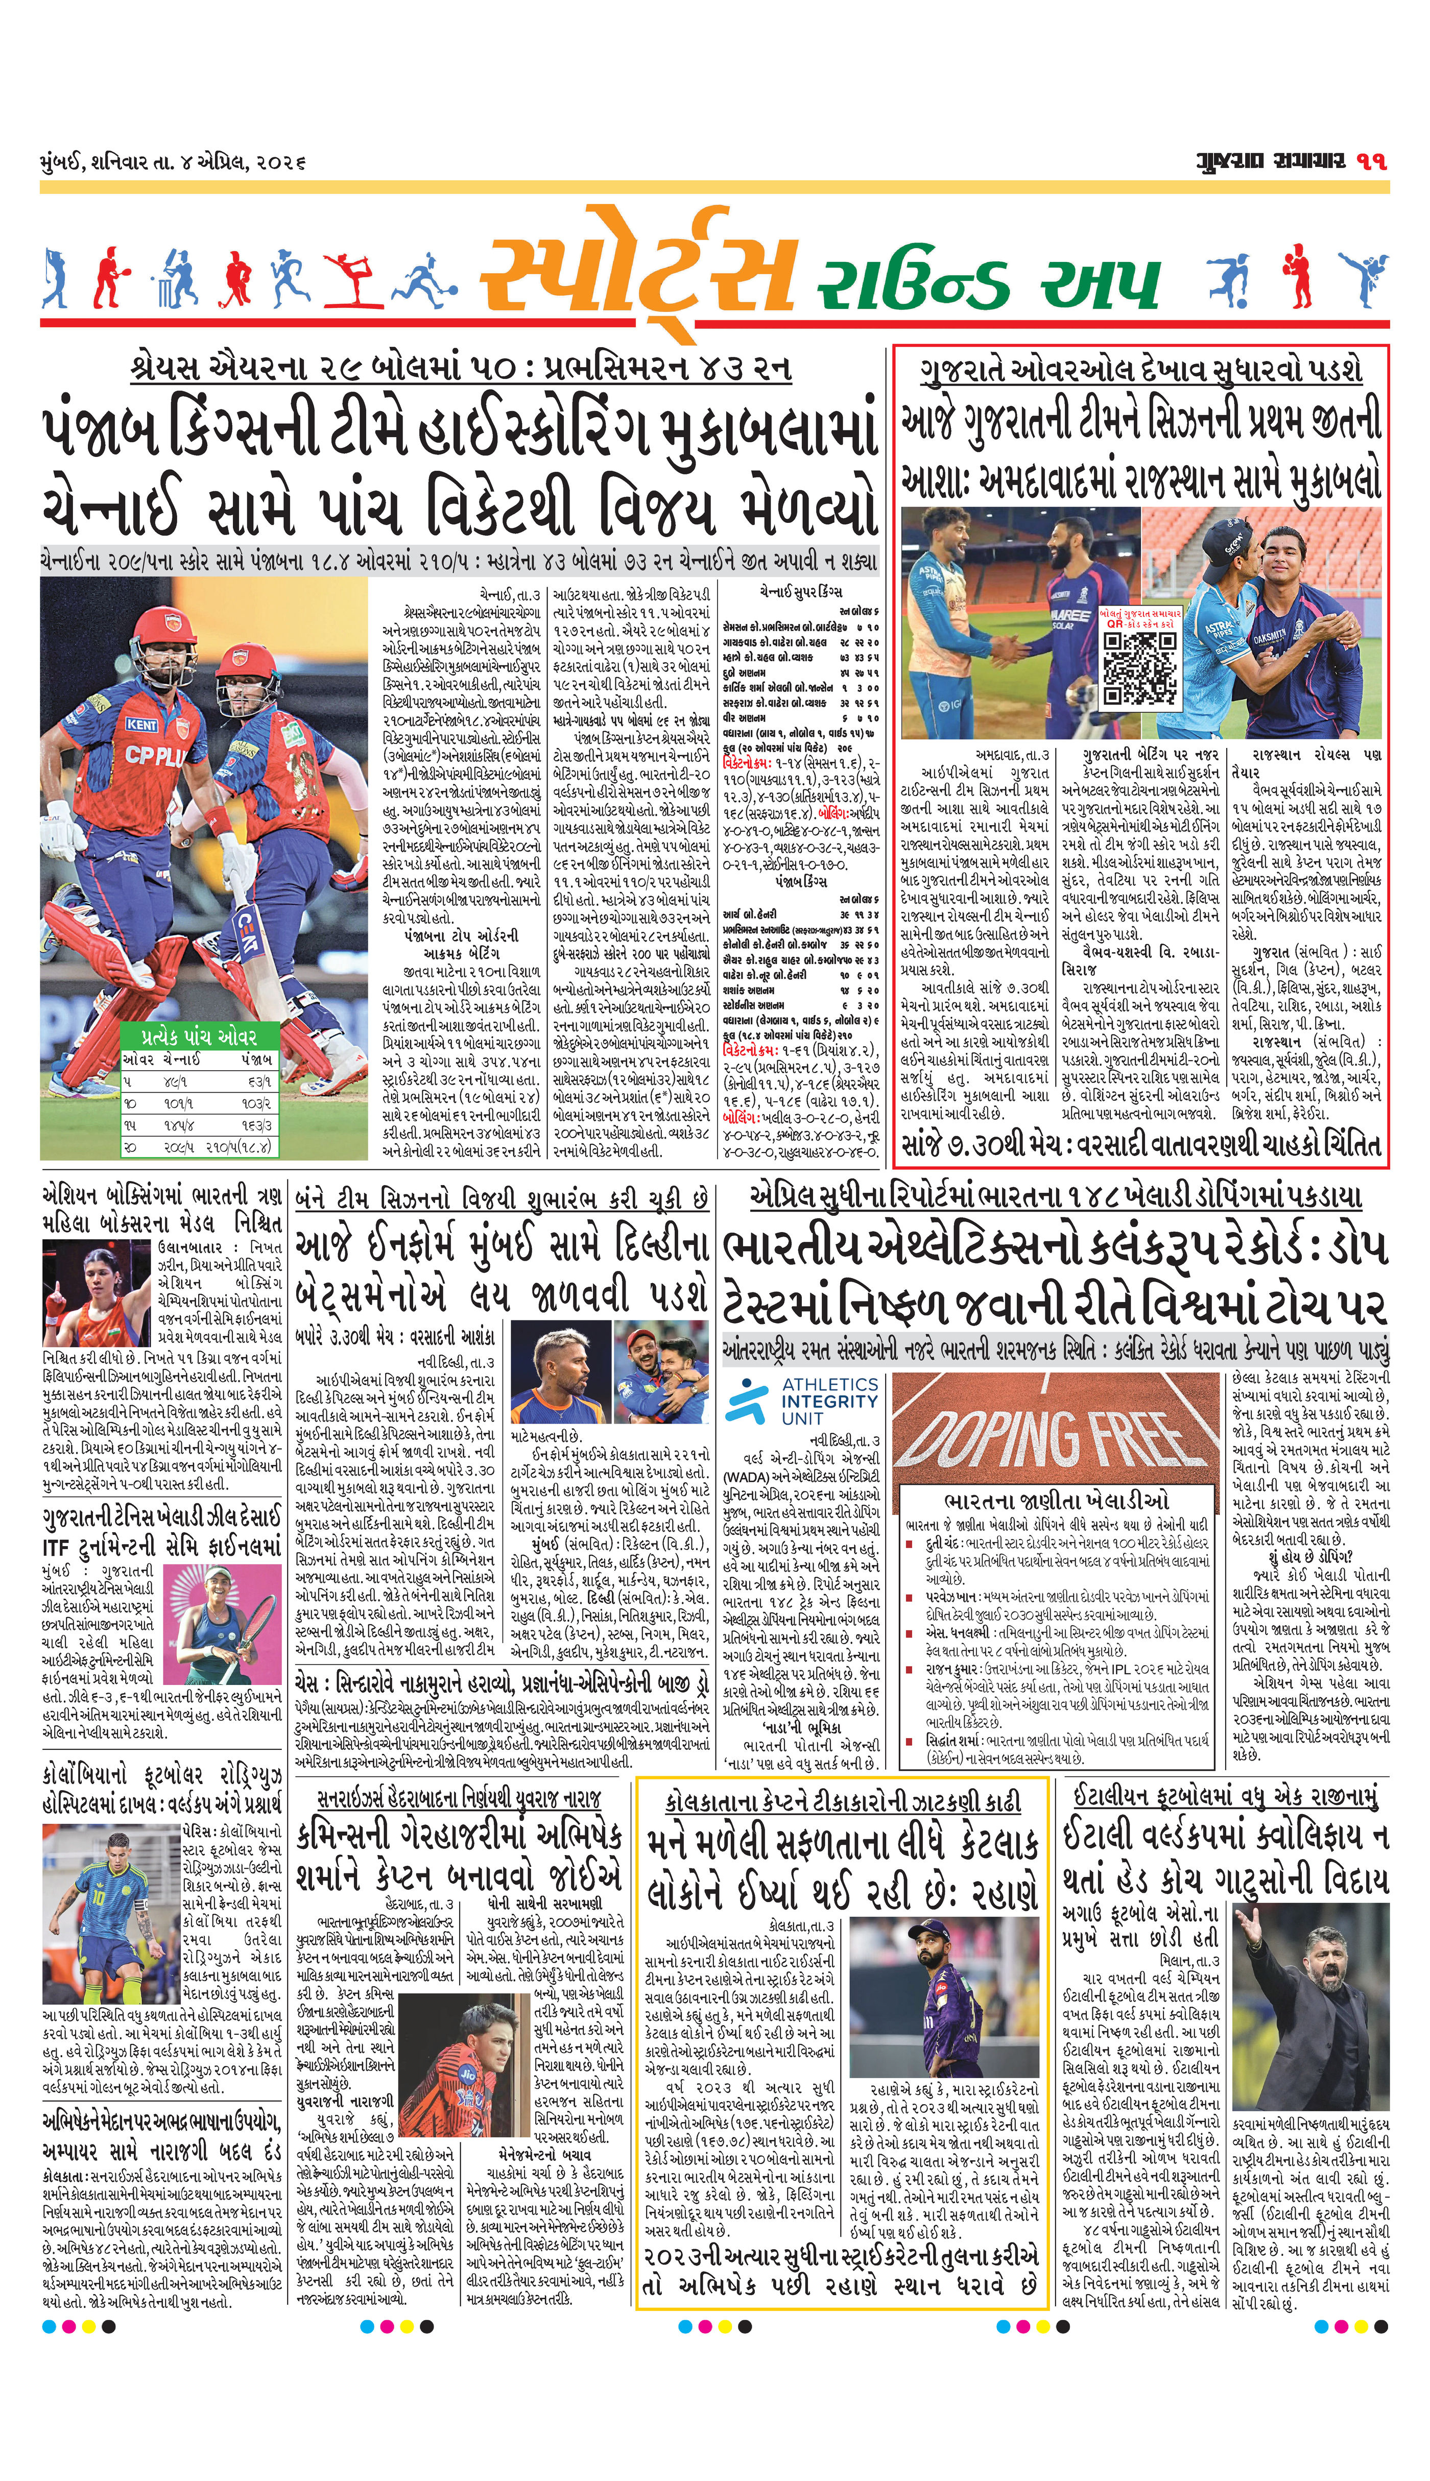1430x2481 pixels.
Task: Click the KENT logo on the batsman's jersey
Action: (x=140, y=724)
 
